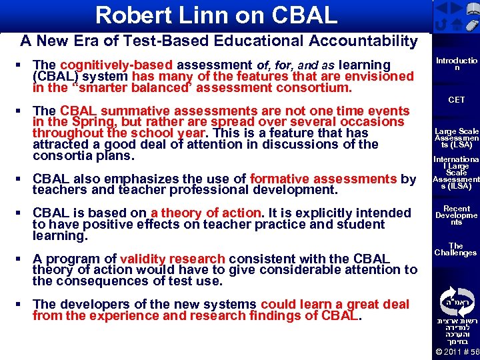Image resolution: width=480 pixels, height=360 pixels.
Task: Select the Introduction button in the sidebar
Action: pos(456,65)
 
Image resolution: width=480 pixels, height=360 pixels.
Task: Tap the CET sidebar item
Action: pos(456,100)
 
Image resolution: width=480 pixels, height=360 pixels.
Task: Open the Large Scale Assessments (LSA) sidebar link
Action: pos(456,137)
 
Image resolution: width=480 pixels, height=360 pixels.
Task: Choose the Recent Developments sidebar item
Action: pos(456,215)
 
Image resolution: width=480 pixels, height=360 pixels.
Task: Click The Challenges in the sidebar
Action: pos(456,249)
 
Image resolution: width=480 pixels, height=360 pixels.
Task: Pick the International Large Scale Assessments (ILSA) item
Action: pos(456,173)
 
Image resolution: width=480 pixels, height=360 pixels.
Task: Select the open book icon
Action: pos(472,8)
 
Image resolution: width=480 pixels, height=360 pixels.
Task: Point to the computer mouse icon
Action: pos(471,26)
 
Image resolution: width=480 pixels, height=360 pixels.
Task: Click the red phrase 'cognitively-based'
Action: pos(116,65)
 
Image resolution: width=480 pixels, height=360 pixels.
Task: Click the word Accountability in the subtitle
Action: pos(363,41)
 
